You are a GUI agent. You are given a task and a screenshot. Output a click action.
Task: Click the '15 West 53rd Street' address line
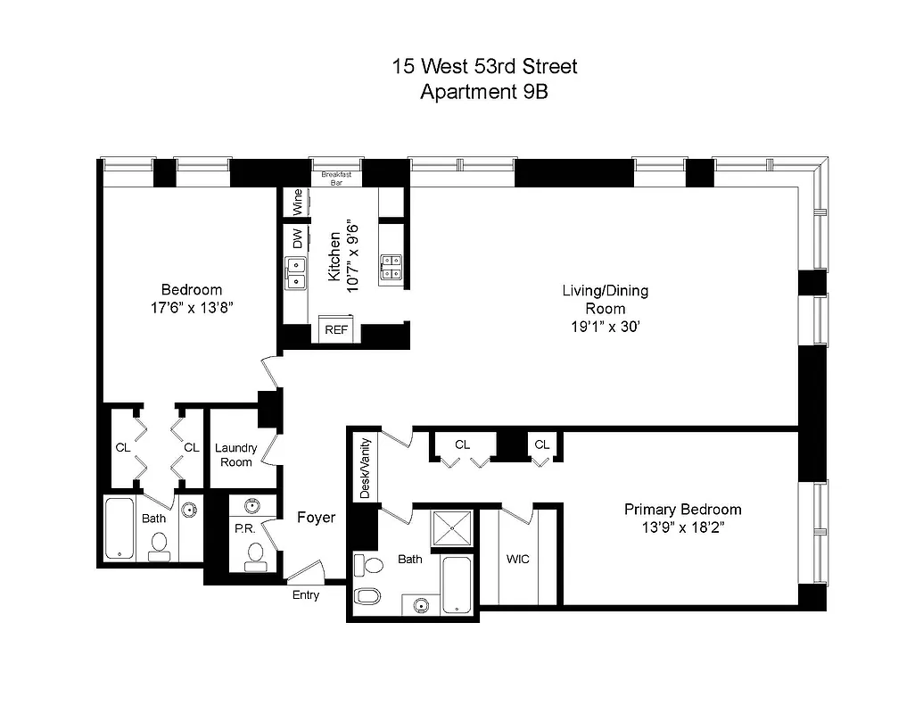click(485, 66)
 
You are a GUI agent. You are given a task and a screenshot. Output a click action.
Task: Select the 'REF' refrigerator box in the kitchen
click(336, 329)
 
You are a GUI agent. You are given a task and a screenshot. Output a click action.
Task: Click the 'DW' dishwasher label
click(296, 238)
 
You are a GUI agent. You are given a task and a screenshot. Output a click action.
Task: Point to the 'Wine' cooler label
click(296, 202)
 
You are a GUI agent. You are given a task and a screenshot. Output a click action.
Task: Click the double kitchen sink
click(295, 273)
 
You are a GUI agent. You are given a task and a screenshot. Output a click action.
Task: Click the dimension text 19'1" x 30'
click(605, 327)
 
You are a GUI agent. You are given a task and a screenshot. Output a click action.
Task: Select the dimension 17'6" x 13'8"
click(191, 307)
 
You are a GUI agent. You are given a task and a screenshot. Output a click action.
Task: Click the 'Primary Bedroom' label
click(682, 510)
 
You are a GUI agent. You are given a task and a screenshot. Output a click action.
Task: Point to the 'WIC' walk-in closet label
click(517, 560)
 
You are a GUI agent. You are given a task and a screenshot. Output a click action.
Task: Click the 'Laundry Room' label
click(235, 455)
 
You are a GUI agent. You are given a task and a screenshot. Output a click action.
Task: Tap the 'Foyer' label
click(316, 518)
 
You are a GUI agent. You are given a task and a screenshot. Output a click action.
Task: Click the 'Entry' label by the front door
click(305, 595)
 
